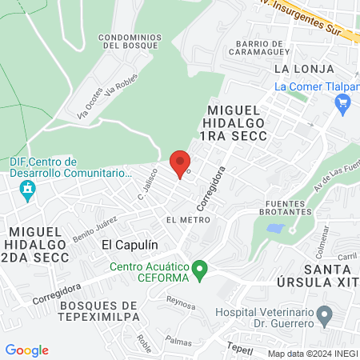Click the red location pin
click(x=180, y=162)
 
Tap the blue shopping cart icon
click(x=344, y=102)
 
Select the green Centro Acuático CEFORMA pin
click(x=202, y=269)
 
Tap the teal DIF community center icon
click(x=28, y=190)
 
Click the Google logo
click(x=27, y=350)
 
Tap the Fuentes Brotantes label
click(x=286, y=206)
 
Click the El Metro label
click(x=182, y=218)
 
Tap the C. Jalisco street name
click(x=144, y=189)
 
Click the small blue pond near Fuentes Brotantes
click(x=275, y=228)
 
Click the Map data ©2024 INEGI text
click(x=312, y=353)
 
